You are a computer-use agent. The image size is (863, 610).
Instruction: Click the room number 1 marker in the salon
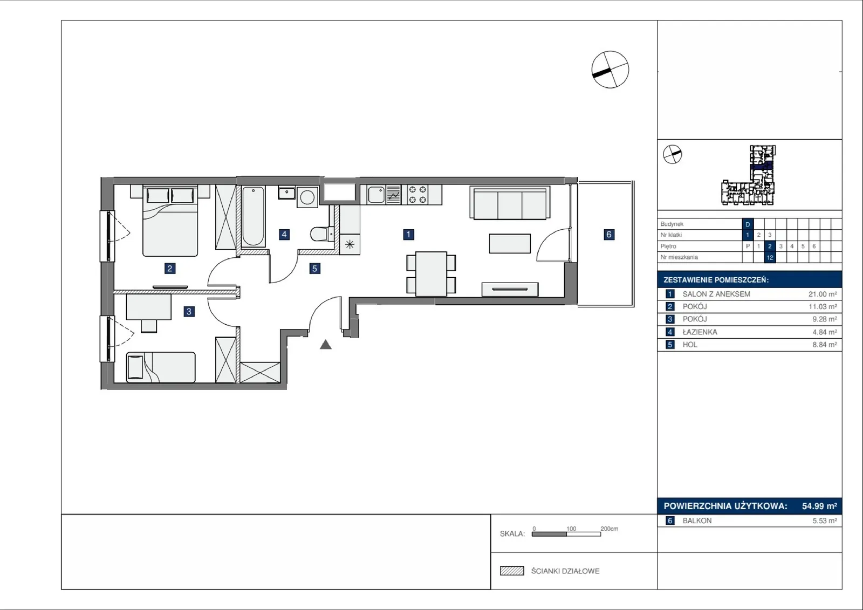(x=408, y=234)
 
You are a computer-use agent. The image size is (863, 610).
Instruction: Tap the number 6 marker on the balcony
(x=609, y=234)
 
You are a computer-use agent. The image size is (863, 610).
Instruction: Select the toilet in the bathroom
(x=322, y=234)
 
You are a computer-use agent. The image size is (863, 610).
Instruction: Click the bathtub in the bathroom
(x=253, y=216)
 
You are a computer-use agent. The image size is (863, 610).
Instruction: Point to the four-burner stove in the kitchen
(x=417, y=195)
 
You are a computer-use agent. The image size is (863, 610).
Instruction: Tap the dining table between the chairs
(x=431, y=274)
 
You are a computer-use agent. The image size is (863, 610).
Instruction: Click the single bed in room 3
(x=161, y=367)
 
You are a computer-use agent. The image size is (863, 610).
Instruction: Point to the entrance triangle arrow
(x=326, y=345)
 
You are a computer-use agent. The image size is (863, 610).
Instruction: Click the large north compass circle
(x=610, y=70)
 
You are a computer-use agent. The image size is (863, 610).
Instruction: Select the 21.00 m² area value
(x=823, y=294)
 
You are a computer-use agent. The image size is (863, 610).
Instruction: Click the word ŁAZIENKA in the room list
(x=700, y=332)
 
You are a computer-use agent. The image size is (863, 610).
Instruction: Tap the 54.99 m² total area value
(x=819, y=506)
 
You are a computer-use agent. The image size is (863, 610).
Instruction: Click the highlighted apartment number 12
(x=770, y=257)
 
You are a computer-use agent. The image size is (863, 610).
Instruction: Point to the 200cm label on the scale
(x=609, y=529)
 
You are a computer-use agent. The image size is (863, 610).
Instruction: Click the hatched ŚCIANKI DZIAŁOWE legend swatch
(x=512, y=571)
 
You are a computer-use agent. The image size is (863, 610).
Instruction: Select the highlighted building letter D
(x=748, y=224)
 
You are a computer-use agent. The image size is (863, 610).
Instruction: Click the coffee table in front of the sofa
(x=510, y=244)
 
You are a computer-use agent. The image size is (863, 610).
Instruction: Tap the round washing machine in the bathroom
(x=307, y=198)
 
